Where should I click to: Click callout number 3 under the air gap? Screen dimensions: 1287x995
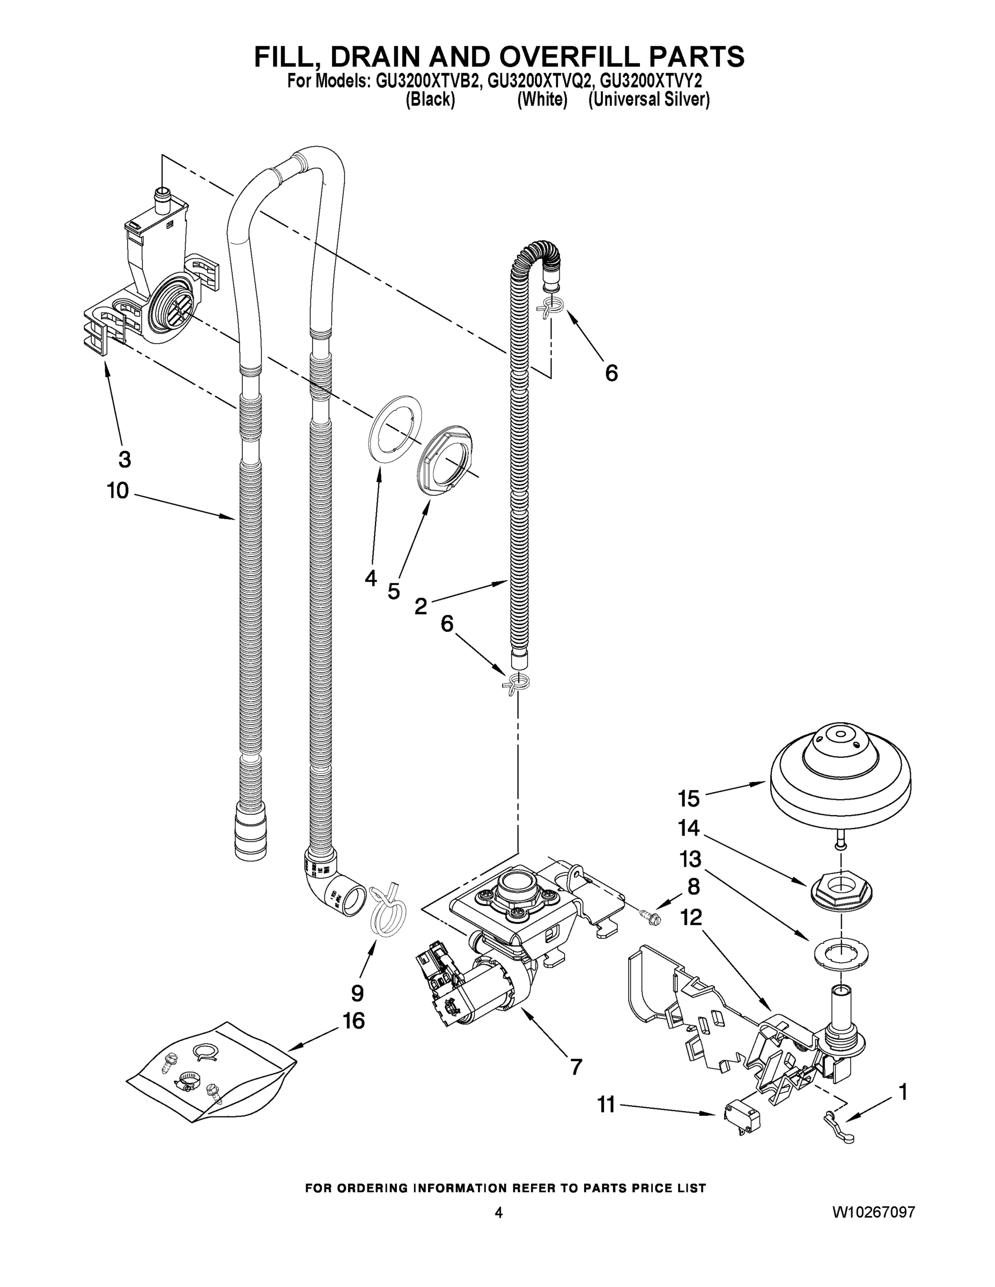click(124, 459)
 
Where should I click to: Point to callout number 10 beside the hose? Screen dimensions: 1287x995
click(118, 490)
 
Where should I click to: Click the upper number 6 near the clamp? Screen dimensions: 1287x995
click(611, 373)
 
